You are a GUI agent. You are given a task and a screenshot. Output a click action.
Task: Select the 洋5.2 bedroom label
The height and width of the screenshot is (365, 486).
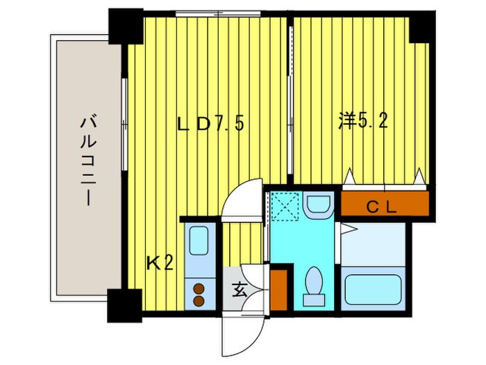[x=362, y=121]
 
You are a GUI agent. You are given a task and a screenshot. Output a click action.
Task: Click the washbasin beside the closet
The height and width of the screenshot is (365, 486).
[x=319, y=205]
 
